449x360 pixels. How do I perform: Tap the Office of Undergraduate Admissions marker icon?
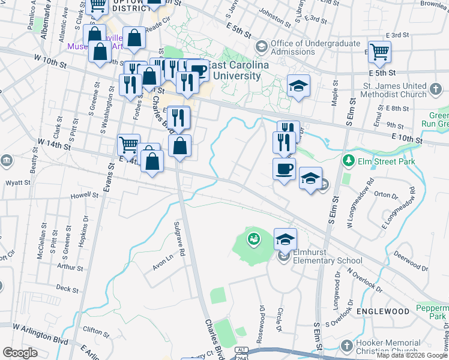262,46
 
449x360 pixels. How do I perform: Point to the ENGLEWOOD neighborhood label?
383,311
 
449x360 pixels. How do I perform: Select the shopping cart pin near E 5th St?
379,52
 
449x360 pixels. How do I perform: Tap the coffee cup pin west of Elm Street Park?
284,169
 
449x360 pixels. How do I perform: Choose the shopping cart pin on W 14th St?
128,145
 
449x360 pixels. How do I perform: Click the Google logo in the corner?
20,353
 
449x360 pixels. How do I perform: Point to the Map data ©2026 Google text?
411,355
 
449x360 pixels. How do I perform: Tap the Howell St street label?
84,195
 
